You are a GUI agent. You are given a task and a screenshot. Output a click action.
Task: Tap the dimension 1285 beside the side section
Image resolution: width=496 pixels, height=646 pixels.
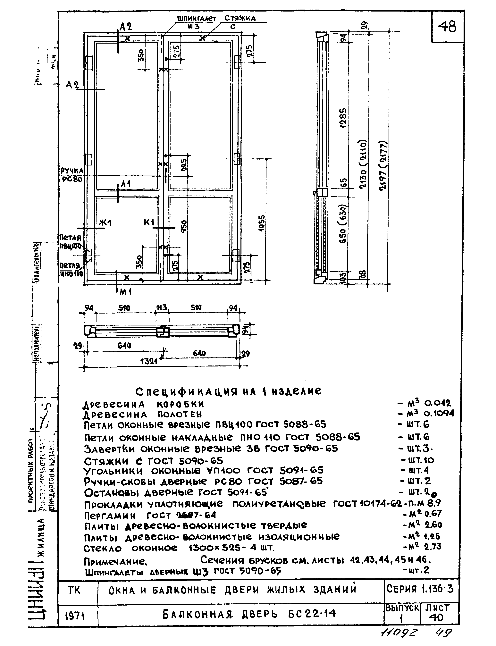343,118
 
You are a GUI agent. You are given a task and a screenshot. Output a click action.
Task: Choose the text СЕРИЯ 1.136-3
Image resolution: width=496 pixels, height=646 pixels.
420,589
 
